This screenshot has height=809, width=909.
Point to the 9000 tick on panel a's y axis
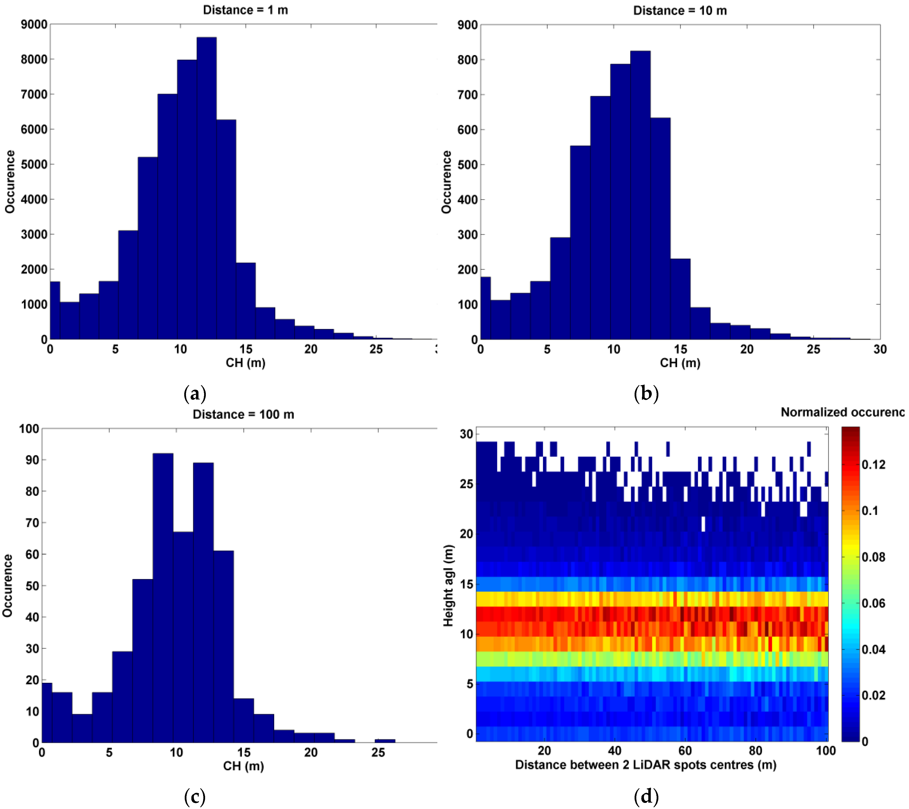coord(34,25)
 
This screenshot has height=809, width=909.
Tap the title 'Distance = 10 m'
coord(680,11)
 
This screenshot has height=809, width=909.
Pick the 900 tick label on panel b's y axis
coord(467,25)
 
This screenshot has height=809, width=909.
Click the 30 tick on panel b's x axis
coord(880,349)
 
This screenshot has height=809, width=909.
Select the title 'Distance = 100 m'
coord(243,414)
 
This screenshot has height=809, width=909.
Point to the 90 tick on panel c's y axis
coord(32,460)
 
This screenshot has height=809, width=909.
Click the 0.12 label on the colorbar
coord(873,465)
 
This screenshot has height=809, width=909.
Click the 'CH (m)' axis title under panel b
coord(680,363)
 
